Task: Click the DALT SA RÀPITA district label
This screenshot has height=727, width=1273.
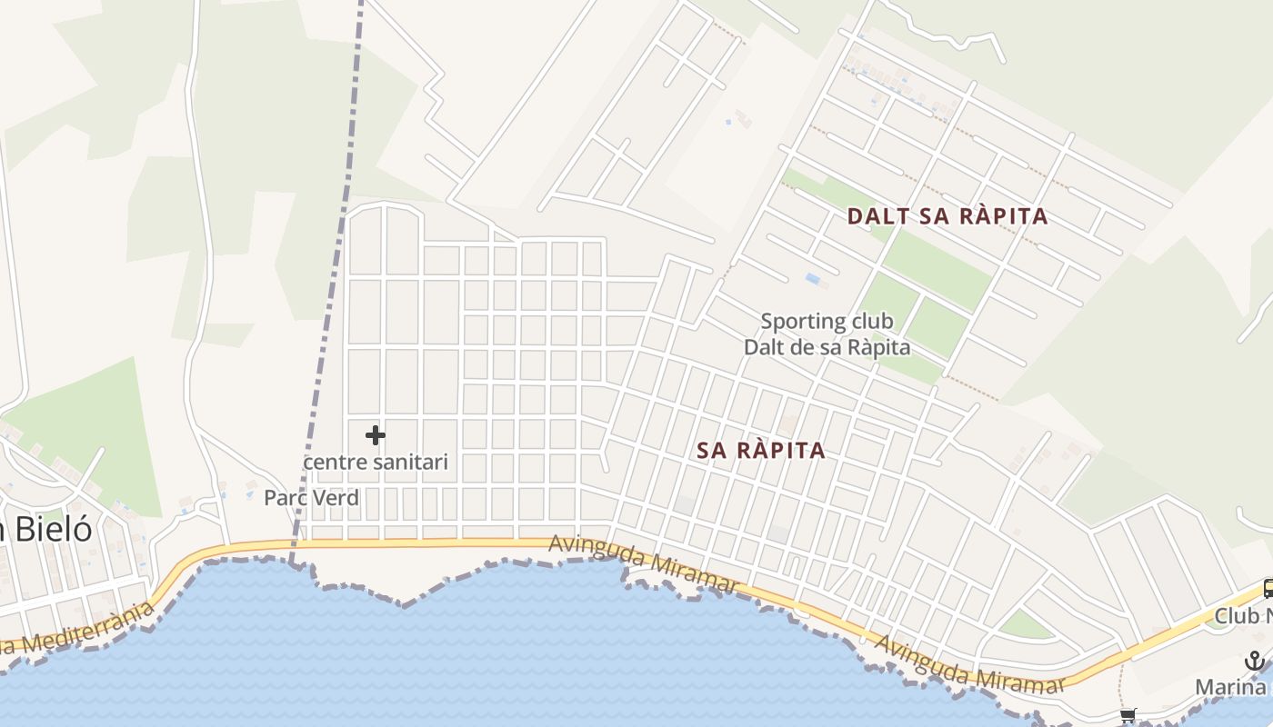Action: click(x=947, y=216)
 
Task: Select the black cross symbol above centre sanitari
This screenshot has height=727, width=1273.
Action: click(x=375, y=436)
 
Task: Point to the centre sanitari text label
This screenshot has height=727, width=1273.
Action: click(x=376, y=462)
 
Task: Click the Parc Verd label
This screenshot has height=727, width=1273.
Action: click(x=311, y=498)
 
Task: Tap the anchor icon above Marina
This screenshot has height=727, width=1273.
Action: click(x=1255, y=661)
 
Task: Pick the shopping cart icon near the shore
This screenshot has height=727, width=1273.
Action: click(x=1128, y=715)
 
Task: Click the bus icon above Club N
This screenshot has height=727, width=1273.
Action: click(x=1268, y=589)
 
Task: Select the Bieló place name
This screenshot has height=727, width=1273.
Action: click(x=50, y=529)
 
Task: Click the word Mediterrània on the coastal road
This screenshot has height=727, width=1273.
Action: click(x=86, y=631)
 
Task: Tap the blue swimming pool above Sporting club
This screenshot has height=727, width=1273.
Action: click(x=813, y=278)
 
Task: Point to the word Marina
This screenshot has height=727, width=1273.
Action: click(x=1230, y=686)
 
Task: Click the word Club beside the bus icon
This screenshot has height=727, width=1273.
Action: click(x=1237, y=616)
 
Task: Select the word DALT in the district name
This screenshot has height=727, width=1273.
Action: click(x=874, y=216)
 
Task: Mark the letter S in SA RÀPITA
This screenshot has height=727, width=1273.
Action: click(x=705, y=450)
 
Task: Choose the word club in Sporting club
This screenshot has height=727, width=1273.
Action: click(x=872, y=321)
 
